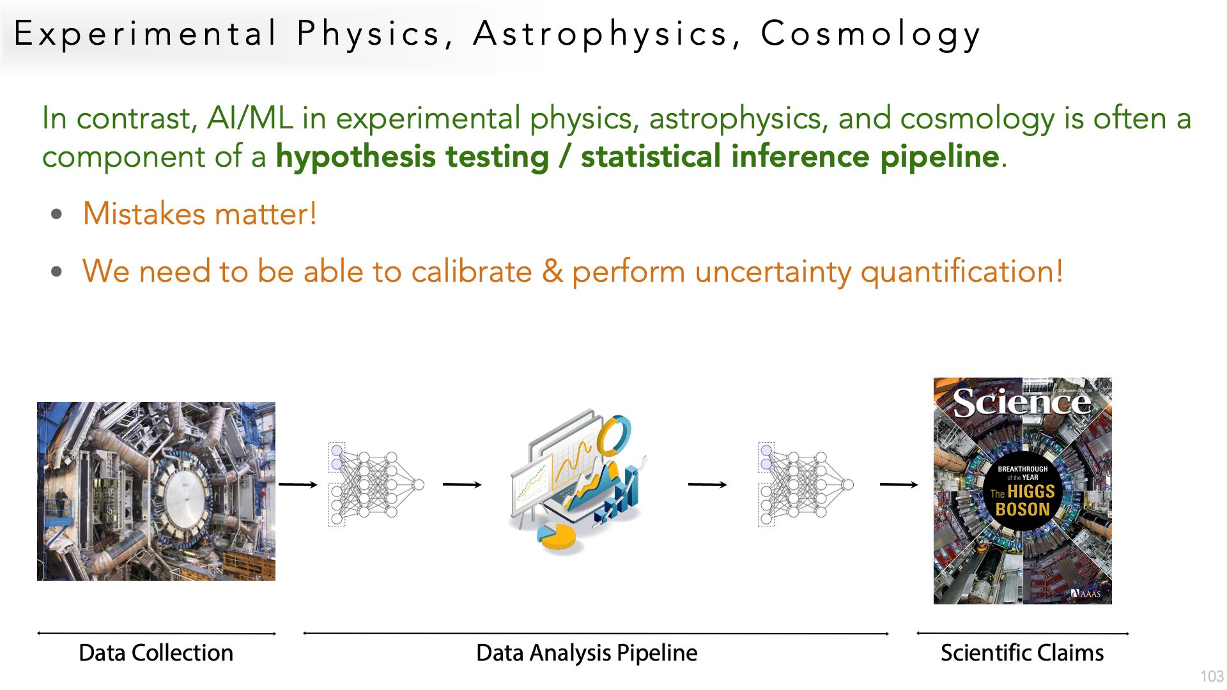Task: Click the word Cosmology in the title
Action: point(870,34)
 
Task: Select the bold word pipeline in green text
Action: point(939,157)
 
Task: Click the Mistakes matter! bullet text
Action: point(200,213)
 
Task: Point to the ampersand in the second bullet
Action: point(553,271)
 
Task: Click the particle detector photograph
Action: point(156,491)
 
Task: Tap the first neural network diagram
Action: point(376,484)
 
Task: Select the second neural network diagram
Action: point(805,484)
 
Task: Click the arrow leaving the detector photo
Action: point(298,485)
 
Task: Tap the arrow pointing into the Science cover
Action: point(899,485)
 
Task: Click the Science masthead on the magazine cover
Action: point(1022,402)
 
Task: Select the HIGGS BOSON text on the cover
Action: point(1024,500)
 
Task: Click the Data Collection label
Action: point(156,653)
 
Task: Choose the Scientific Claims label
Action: point(1022,653)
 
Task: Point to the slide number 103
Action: point(1212,676)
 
